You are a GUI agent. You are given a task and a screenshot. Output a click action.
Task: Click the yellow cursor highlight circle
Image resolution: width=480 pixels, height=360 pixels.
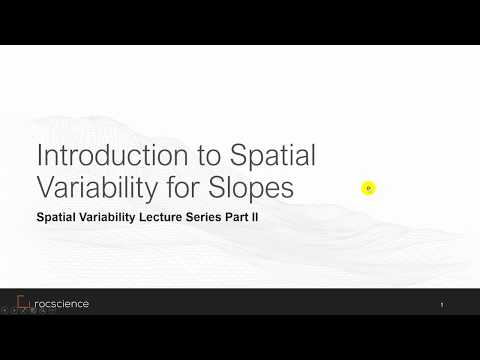[x=368, y=187]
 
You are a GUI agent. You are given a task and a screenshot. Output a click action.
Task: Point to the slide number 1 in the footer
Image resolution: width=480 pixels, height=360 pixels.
[x=441, y=304]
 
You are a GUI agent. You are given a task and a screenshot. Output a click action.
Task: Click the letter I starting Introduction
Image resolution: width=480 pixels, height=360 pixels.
[x=39, y=156]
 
